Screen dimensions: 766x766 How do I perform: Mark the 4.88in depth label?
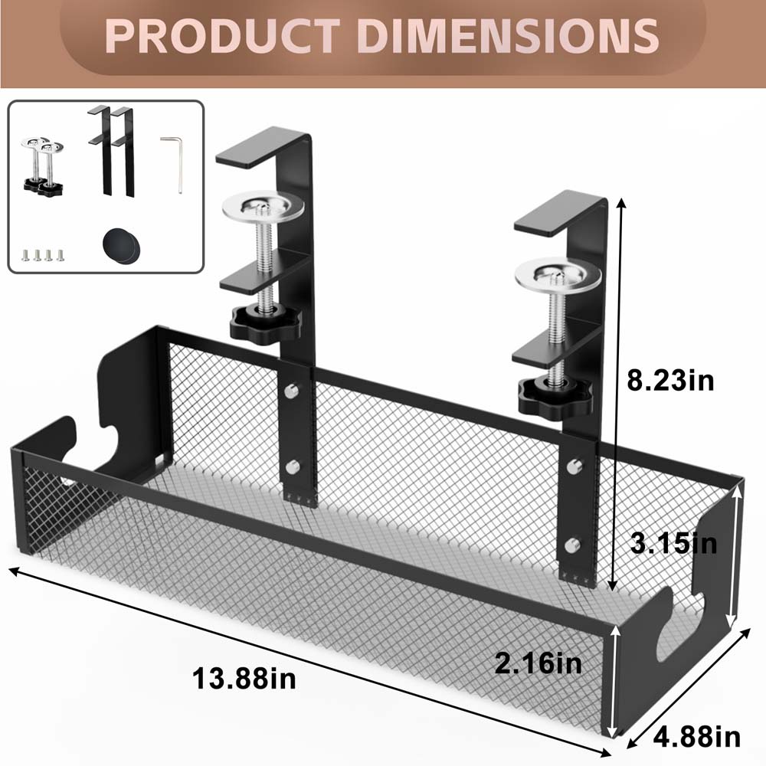[x=696, y=737]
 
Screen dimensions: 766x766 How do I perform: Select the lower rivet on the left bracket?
[x=292, y=465]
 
